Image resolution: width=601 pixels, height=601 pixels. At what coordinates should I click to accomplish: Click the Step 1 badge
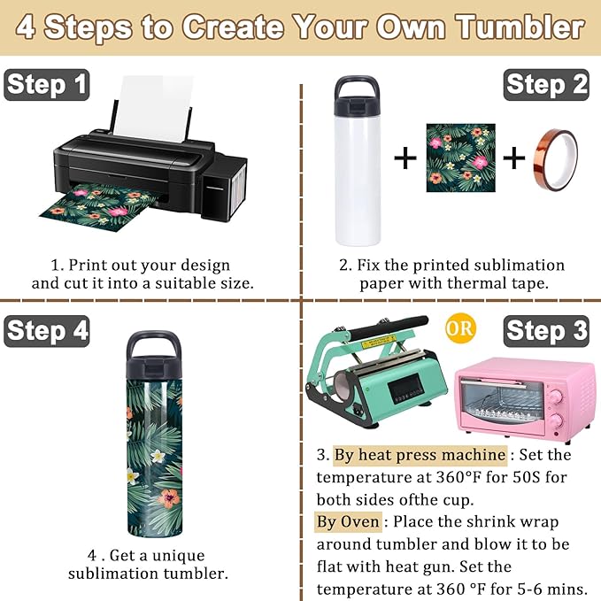[x=47, y=85]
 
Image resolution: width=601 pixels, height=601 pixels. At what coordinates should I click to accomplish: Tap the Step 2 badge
[x=546, y=85]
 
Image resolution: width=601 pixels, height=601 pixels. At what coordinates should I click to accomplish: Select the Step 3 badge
[x=546, y=331]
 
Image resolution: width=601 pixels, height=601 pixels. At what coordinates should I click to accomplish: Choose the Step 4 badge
[x=47, y=331]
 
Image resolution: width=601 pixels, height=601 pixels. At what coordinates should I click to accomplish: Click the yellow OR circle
[x=460, y=328]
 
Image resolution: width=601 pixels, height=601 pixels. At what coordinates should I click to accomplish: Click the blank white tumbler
[x=358, y=161]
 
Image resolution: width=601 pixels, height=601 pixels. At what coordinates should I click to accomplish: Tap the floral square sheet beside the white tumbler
[x=461, y=158]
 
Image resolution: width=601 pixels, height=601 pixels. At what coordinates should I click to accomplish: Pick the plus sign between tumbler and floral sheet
[x=405, y=158]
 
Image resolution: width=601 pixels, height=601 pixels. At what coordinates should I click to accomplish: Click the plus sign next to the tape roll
[x=513, y=158]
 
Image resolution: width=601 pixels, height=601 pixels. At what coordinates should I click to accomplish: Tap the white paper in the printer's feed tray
[x=153, y=108]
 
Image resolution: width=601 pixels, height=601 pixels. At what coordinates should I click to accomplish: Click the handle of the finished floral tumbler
[x=154, y=345]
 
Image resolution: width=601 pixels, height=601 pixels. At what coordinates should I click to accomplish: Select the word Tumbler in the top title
[x=520, y=27]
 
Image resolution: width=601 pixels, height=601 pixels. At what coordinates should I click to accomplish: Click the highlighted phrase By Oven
[x=348, y=521]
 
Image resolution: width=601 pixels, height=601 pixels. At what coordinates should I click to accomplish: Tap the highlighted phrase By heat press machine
[x=420, y=455]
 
